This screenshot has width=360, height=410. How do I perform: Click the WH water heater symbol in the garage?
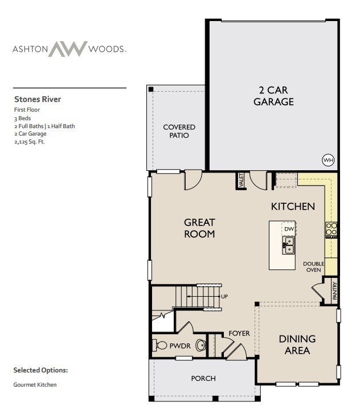click(328, 160)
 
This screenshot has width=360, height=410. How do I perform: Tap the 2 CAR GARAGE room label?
click(274, 96)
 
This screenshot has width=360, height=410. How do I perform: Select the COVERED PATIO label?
click(179, 131)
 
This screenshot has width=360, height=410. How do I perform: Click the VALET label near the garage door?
click(242, 181)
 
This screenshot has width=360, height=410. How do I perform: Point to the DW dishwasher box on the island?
click(289, 229)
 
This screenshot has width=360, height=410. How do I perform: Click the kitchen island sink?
click(288, 246)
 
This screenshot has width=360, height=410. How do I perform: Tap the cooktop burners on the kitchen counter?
click(331, 229)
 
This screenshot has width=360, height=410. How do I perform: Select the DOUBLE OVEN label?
click(313, 266)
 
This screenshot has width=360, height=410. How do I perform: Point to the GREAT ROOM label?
click(199, 228)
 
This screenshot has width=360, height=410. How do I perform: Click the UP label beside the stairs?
click(224, 297)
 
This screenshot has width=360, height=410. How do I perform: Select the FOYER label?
click(239, 333)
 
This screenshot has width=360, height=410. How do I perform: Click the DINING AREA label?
click(297, 345)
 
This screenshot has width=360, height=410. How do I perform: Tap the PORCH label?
click(203, 378)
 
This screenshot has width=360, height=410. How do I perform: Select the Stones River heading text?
click(37, 99)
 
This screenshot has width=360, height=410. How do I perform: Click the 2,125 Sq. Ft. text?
click(29, 142)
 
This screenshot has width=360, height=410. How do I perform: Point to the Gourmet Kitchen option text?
click(35, 384)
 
